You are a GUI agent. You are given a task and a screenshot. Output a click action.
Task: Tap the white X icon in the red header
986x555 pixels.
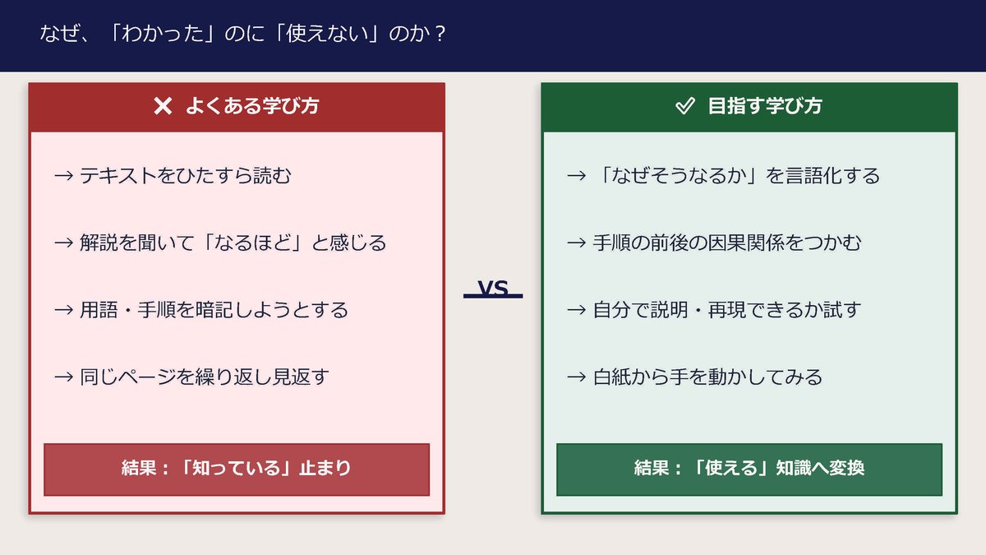(163, 106)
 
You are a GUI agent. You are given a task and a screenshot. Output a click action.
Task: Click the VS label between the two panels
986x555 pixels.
(493, 289)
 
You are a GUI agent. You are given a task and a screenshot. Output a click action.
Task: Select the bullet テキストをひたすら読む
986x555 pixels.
(185, 175)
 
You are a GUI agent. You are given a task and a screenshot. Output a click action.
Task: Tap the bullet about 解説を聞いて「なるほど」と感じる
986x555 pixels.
(233, 243)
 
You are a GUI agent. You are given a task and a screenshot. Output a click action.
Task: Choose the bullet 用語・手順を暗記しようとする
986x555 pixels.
(214, 310)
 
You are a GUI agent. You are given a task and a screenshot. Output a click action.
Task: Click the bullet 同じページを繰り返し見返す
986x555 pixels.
(204, 377)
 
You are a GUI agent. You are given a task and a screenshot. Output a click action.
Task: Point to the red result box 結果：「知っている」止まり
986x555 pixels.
(237, 469)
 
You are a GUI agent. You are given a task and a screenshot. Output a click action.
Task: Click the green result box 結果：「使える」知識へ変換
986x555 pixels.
(749, 469)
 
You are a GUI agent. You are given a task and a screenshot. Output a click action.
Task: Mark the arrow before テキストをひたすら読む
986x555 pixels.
(63, 176)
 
